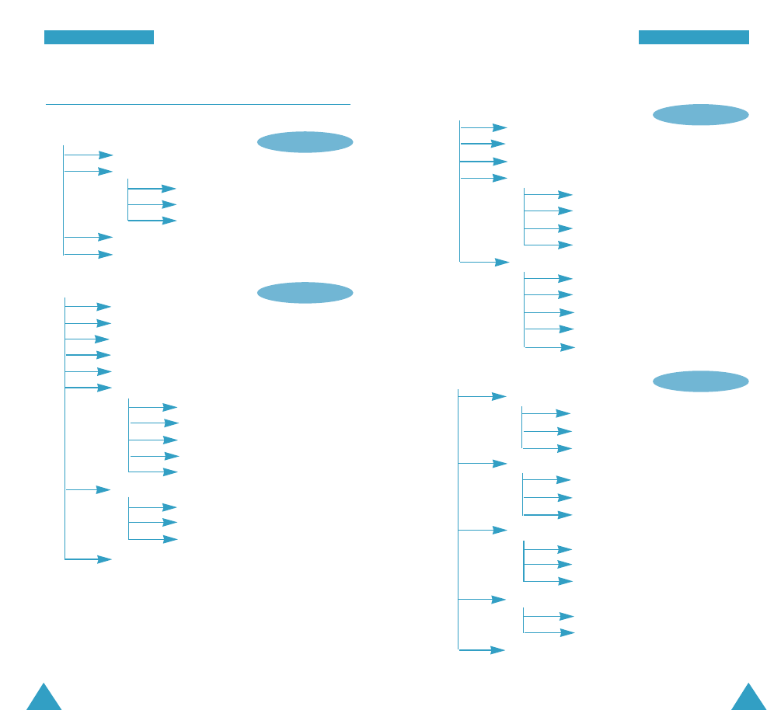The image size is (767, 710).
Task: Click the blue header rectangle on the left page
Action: click(x=99, y=37)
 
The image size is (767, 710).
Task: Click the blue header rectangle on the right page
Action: click(x=693, y=37)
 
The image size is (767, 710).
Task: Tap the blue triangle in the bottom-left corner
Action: click(x=44, y=698)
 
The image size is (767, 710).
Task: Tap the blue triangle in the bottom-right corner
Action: click(x=748, y=698)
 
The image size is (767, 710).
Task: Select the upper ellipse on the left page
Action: click(x=305, y=142)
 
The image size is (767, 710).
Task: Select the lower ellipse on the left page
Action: click(x=305, y=293)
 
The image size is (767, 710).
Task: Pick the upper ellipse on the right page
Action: click(x=700, y=115)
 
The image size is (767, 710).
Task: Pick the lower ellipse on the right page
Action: click(x=700, y=381)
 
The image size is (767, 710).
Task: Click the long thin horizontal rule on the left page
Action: click(x=198, y=103)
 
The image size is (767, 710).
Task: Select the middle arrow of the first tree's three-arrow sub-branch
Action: click(x=152, y=204)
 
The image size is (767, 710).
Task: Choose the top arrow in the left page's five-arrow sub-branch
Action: click(x=153, y=407)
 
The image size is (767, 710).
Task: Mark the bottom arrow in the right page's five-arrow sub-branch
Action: click(x=550, y=347)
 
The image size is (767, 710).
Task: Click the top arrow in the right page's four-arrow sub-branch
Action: click(x=549, y=195)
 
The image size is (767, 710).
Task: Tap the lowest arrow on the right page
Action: click(x=483, y=650)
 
